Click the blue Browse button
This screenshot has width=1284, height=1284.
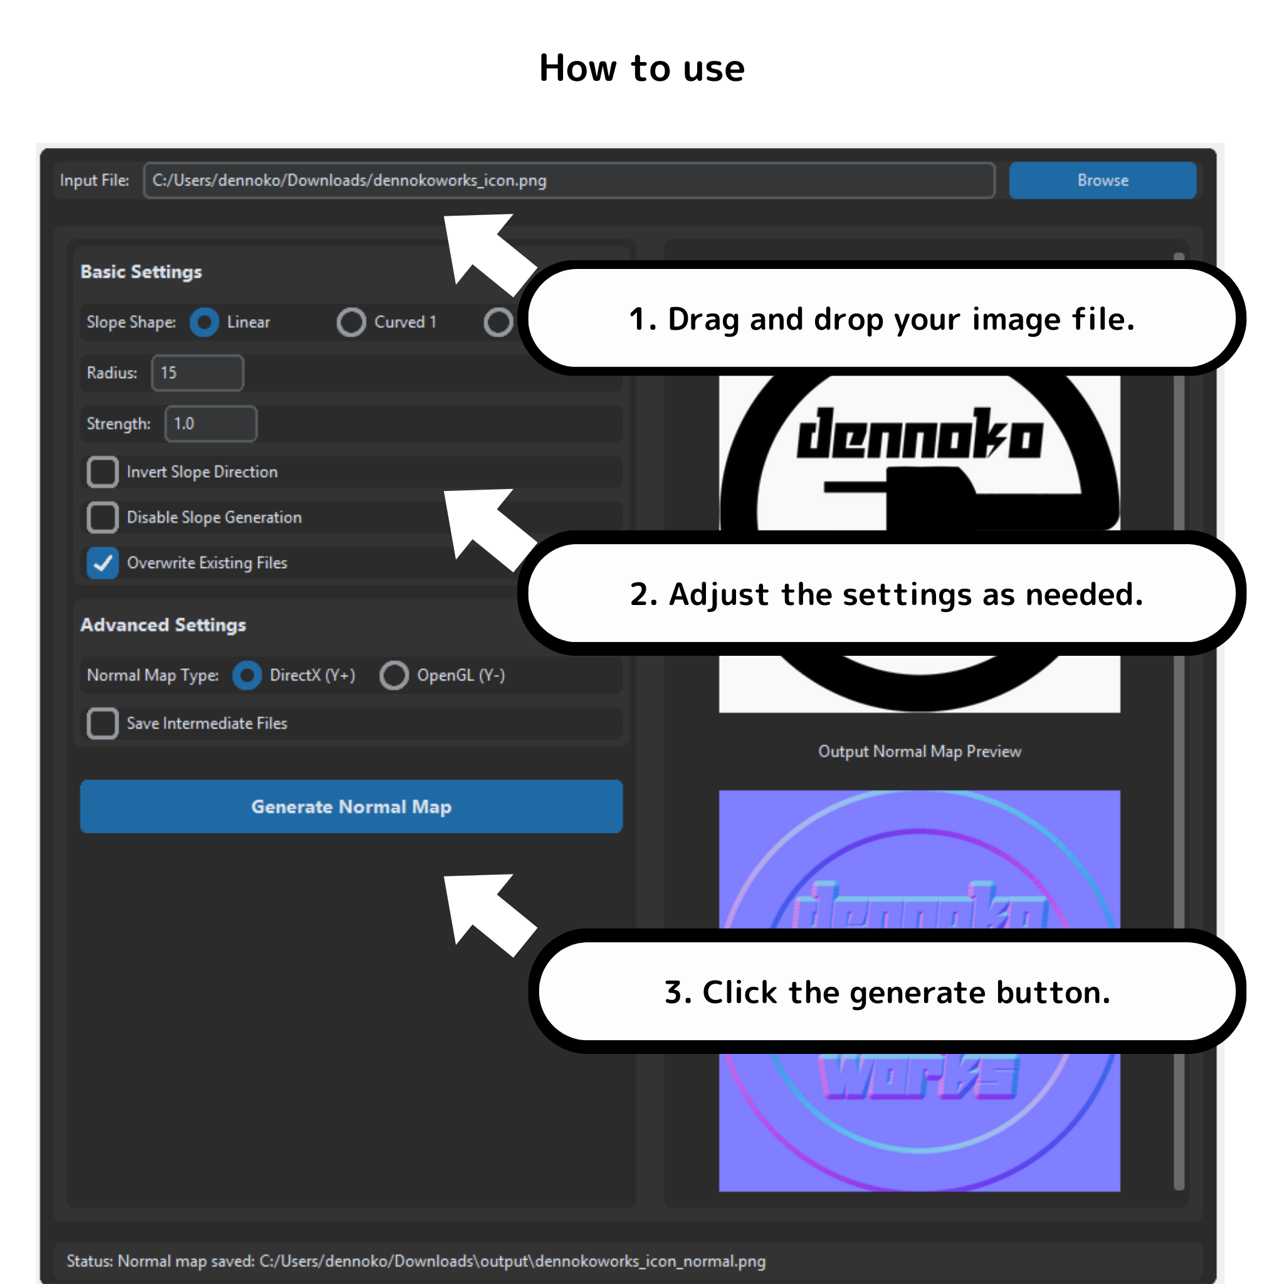1102,180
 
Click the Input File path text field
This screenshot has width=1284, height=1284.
568,180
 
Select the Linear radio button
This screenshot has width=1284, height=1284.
204,322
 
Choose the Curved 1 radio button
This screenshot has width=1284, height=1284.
351,322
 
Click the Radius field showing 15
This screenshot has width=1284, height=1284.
197,373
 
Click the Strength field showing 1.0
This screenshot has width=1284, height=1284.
211,424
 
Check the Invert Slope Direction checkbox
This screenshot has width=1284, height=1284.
103,472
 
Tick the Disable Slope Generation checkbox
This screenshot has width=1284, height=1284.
103,517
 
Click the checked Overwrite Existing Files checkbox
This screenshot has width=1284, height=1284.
103,563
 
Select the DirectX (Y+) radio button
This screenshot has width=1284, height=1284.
246,675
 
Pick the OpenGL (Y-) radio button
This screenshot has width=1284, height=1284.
394,675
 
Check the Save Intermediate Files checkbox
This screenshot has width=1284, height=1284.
103,723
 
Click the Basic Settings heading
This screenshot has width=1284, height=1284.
141,272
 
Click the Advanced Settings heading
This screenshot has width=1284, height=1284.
163,624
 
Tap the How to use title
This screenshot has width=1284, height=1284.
641,68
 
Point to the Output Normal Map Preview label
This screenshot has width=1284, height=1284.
919,752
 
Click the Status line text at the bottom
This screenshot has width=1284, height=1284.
416,1261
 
